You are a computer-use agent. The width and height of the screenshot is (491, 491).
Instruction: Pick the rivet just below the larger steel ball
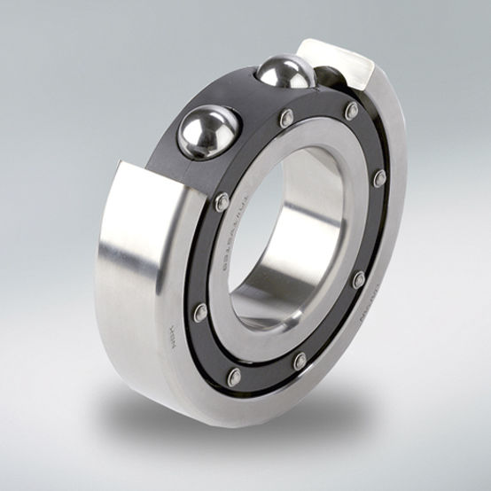pos(222,201)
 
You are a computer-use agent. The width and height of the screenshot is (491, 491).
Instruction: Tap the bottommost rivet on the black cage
pos(234,377)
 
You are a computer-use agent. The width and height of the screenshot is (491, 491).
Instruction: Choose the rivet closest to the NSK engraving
pos(200,311)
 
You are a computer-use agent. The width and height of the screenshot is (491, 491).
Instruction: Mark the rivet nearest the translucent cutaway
pos(352,111)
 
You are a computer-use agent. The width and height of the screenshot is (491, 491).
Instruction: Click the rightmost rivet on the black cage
pos(379,177)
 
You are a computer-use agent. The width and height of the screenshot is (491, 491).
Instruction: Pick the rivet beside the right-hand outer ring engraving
pos(358,280)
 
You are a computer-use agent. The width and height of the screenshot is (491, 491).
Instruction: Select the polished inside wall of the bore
pos(310,213)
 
